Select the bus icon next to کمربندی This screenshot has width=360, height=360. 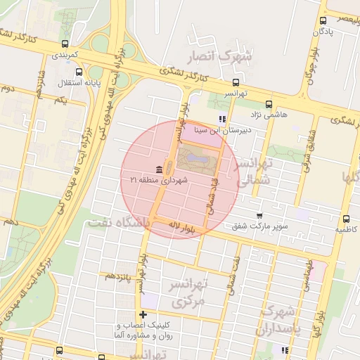click(x=56, y=53)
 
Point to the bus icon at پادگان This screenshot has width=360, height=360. click(x=323, y=21)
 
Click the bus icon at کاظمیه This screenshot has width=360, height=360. click(x=347, y=219)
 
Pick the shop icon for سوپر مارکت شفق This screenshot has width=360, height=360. click(x=259, y=215)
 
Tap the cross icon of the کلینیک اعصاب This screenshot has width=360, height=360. click(x=143, y=314)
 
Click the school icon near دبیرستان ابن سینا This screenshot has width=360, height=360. click(x=223, y=119)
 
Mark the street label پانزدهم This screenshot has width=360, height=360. click(x=119, y=276)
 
